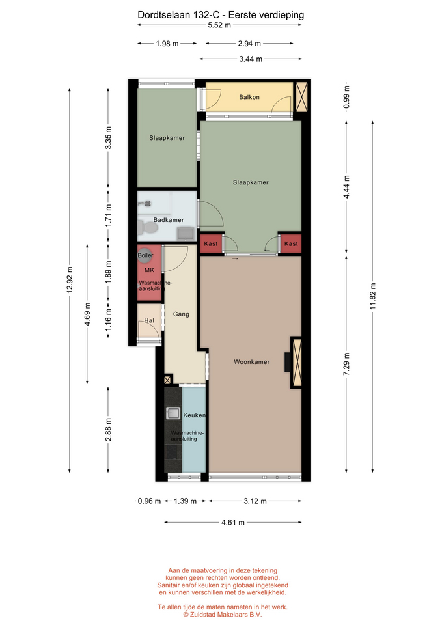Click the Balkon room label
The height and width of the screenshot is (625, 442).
pos(249,97)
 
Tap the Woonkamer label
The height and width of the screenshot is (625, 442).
pos(251,362)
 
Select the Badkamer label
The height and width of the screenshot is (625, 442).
pos(169,220)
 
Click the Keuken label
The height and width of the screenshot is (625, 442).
pos(195,415)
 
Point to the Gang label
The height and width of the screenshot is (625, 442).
pos(181,314)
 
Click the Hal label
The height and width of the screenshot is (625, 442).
pos(149,320)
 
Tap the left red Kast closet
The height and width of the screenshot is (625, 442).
pos(210,243)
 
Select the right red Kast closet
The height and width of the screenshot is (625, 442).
pos(291,243)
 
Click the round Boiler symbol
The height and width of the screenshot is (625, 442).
pos(145,256)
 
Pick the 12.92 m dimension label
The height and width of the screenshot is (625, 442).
pos(70,279)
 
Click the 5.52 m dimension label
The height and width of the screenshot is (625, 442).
pos(219,25)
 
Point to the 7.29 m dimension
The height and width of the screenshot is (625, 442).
pos(346,364)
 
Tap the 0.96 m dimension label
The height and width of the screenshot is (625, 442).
pos(149,501)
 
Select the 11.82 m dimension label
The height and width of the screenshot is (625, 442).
pos(373,296)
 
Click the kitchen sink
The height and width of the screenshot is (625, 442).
pos(173,413)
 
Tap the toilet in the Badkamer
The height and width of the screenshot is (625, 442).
pos(148,228)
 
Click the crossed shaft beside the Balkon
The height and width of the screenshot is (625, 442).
pos(301,96)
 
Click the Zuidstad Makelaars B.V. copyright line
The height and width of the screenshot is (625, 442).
pos(223,615)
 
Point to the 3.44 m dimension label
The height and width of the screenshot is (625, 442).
pos(251,59)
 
